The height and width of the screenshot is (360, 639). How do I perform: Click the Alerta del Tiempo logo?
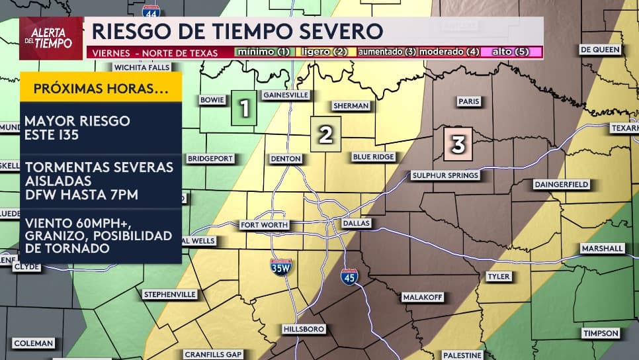point(51,38)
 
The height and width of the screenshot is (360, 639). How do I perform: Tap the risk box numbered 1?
point(243,107)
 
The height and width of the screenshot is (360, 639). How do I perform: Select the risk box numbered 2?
point(325,134)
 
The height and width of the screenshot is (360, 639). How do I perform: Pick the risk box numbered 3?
point(458,143)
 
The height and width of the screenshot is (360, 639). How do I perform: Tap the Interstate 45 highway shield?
point(349,276)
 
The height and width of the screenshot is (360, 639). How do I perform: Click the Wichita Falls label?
point(142,67)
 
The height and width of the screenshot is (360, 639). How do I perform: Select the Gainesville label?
point(286,95)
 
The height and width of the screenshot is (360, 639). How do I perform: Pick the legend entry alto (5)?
point(511,52)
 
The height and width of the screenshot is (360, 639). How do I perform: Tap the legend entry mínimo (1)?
point(263,52)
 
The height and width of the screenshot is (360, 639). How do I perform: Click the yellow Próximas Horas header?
point(101,89)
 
